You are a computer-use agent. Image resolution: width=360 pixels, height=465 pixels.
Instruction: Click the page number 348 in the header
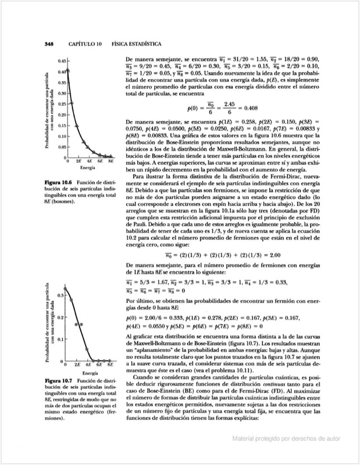49,44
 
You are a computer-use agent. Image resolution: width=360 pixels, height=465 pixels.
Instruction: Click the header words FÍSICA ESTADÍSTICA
137,44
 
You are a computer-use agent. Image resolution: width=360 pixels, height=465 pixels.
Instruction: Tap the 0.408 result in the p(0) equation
254,108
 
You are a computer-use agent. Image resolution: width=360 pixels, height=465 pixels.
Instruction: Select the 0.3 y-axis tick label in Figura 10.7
62,296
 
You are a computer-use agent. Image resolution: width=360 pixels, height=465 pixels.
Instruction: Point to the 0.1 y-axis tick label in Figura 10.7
62,339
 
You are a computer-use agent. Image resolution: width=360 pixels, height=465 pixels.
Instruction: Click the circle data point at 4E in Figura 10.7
87,349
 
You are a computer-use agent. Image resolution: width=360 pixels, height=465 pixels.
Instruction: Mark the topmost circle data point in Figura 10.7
65,289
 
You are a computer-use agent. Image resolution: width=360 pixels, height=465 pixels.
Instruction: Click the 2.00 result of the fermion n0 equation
273,255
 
